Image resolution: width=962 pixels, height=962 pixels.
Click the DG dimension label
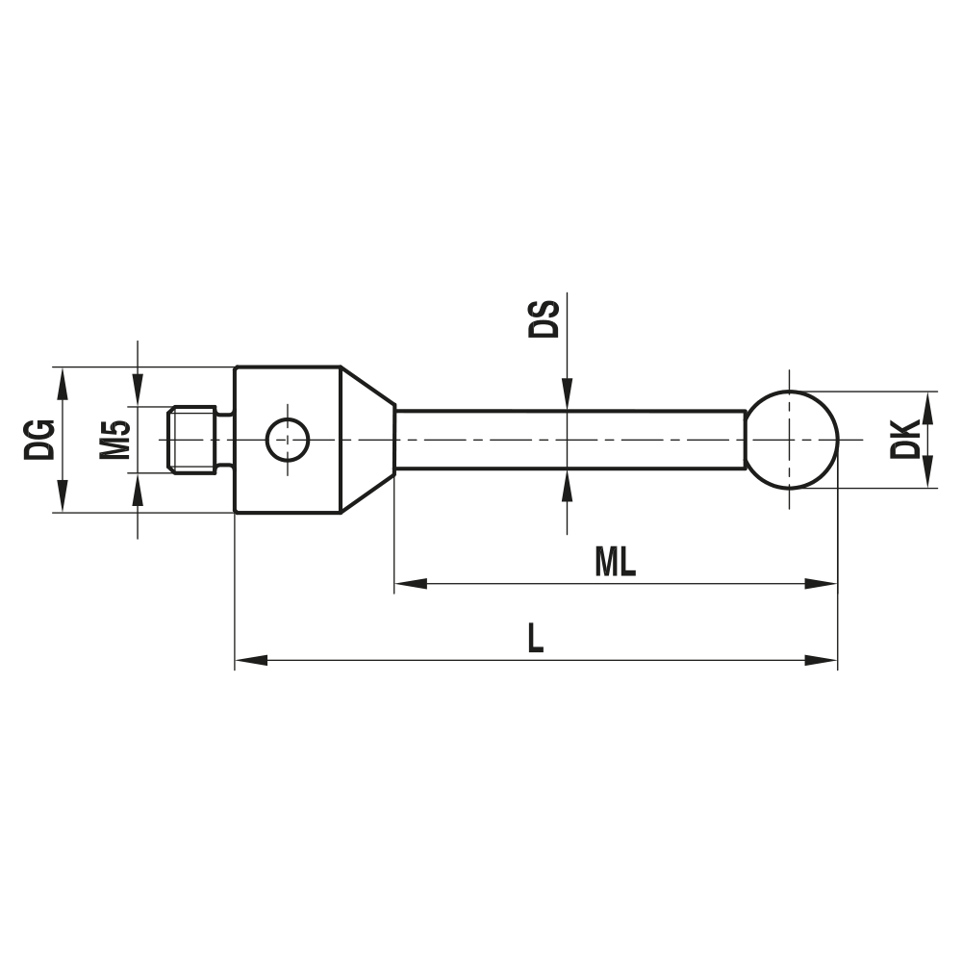click(39, 440)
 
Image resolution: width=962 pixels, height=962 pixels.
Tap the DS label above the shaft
click(544, 318)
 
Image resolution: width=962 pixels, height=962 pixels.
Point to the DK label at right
click(905, 440)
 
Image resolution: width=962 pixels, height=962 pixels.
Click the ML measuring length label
click(615, 562)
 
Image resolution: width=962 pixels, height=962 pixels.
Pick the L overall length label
click(535, 639)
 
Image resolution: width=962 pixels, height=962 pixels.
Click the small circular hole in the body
click(287, 440)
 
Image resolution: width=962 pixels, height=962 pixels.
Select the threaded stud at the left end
click(191, 440)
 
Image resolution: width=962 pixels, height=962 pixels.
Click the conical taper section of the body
click(367, 440)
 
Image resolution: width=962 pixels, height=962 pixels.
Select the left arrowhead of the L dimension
click(251, 660)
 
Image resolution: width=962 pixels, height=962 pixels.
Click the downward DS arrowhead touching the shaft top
click(568, 395)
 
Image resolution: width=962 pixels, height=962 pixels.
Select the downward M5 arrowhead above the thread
click(139, 392)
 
